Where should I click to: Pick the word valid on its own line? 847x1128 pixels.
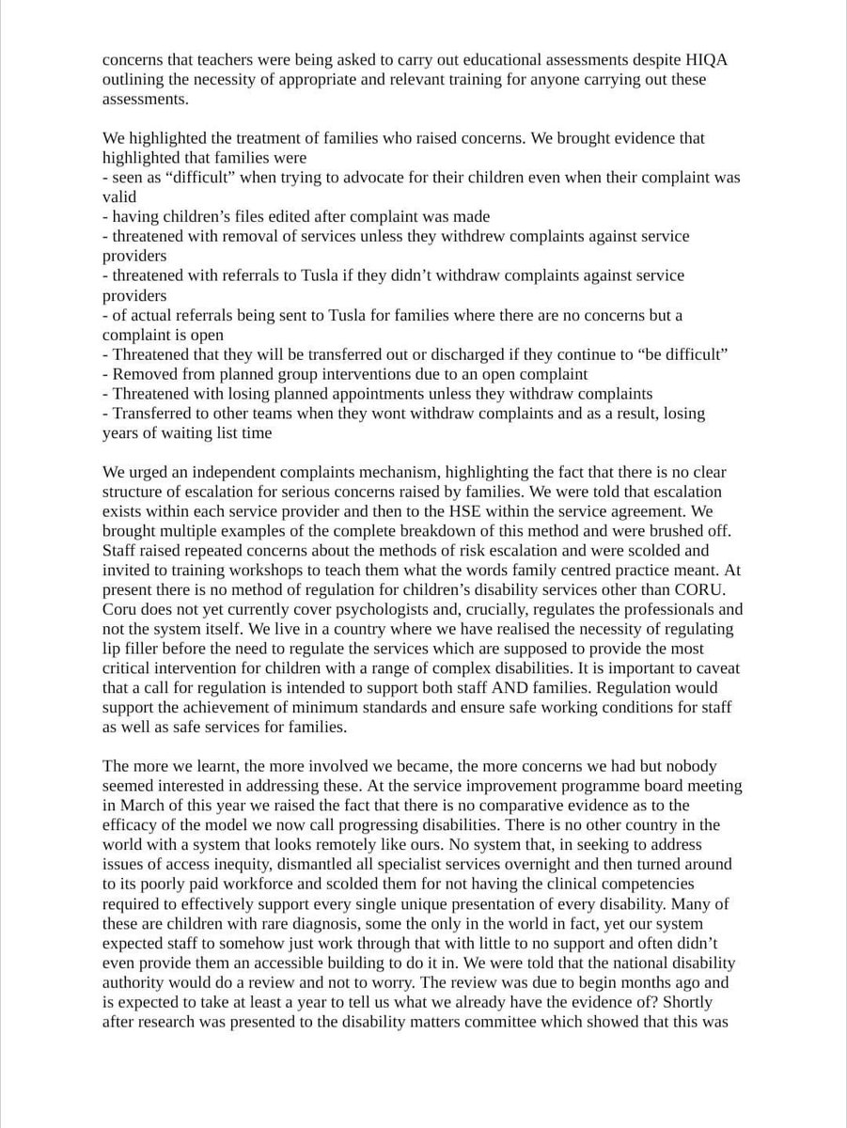119,196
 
